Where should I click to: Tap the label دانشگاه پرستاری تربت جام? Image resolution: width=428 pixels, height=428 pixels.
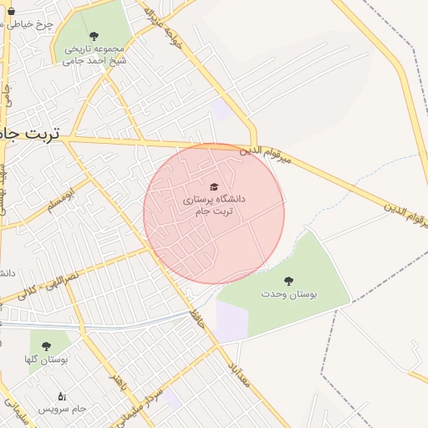pos(214,205)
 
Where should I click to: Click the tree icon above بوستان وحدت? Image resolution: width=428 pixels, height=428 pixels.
pos(289,281)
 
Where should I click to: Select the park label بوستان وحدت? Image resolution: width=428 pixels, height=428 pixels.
pos(289,294)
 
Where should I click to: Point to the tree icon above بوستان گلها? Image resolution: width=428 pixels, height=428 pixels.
pos(46,345)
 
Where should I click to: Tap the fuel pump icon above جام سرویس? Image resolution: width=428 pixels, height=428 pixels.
pos(61,395)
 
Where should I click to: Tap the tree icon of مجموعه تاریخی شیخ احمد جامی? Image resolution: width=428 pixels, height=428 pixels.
pos(93,36)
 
